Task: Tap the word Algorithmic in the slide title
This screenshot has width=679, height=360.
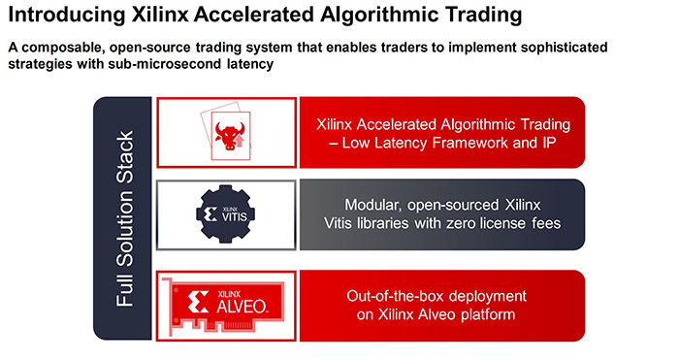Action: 379,16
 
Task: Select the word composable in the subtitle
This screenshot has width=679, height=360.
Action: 62,47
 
